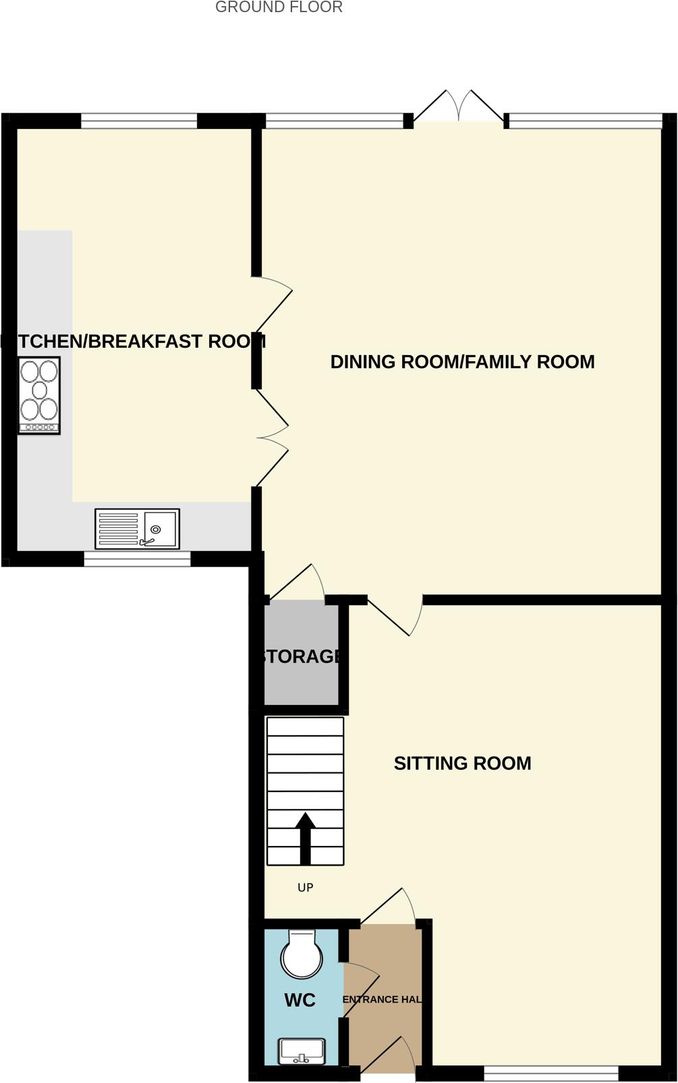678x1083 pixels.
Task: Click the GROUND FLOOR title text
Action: tap(279, 7)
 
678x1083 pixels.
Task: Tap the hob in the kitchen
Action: tap(39, 395)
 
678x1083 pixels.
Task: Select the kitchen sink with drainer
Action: tap(137, 529)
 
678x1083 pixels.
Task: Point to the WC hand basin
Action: tap(302, 1051)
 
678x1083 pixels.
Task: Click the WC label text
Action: tap(300, 1000)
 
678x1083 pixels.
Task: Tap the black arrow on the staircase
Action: tap(306, 837)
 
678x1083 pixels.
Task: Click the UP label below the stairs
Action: tap(305, 887)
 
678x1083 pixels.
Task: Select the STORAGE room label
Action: tap(301, 656)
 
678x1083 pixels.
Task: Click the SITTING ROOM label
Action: tap(462, 763)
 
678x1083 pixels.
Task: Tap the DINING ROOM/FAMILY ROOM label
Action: tap(462, 362)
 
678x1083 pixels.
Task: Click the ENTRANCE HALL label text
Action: tap(383, 999)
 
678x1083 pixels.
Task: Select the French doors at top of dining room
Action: tap(459, 107)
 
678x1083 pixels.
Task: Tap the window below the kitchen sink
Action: tap(137, 558)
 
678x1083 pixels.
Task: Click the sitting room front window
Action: tap(550, 1073)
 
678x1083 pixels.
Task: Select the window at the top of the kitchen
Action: tap(139, 121)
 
